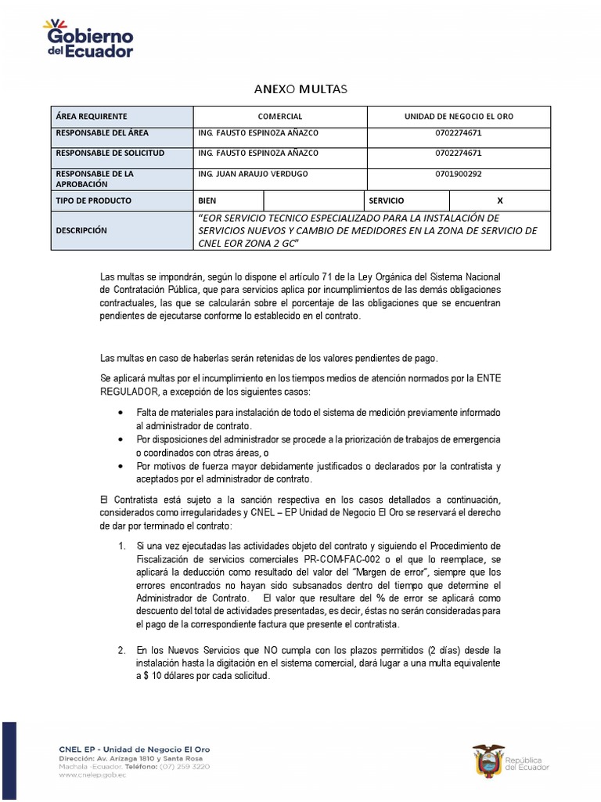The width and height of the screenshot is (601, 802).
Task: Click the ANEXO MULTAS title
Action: coord(300,89)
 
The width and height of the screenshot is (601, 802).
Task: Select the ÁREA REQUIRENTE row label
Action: coord(91,116)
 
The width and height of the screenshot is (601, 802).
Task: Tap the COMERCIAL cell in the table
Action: coord(279,116)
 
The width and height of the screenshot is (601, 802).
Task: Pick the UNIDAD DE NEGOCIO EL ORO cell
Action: coord(459,116)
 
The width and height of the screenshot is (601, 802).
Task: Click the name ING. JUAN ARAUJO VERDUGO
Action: coord(254,173)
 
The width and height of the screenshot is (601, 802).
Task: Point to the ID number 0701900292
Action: coord(459,173)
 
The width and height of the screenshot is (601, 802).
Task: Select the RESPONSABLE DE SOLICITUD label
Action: coord(110,154)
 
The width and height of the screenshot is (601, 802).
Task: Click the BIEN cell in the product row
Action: coord(207,200)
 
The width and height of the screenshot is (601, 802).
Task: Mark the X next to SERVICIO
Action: coord(500,200)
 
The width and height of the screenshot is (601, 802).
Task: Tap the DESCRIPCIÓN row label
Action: coord(81,230)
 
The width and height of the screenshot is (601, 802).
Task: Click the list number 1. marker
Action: coord(121,546)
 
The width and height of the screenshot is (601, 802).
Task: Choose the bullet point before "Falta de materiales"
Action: coord(120,412)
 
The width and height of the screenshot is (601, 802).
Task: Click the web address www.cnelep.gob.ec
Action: coord(92,775)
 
